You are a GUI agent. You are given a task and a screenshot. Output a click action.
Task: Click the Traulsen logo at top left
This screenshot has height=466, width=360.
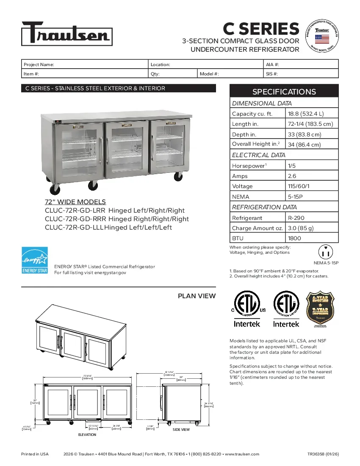tap(67, 33)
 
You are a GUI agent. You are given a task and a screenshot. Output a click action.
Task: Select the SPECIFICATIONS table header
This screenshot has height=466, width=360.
tap(284, 92)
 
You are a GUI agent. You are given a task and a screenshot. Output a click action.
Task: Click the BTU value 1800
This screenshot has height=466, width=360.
tap(294, 238)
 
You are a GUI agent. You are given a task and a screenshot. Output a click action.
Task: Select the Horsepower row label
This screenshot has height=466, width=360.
tap(248, 166)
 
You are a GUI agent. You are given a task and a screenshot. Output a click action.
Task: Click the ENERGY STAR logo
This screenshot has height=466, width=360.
tap(35, 261)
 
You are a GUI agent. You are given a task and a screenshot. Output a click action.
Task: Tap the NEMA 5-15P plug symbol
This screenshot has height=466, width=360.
tap(326, 252)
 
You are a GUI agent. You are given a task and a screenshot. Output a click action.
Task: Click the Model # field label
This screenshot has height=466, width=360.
tap(209, 74)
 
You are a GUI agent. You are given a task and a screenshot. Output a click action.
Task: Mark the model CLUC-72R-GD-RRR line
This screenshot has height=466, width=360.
tap(117, 219)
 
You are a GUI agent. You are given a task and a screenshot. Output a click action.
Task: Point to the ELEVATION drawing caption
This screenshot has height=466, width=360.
tap(87, 435)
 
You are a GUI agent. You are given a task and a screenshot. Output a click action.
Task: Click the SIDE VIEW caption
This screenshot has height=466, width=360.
tap(181, 430)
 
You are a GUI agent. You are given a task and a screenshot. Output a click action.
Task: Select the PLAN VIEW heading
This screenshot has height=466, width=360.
tap(197, 296)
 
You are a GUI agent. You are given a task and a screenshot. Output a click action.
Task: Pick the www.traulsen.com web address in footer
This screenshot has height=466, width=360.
tap(242, 454)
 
